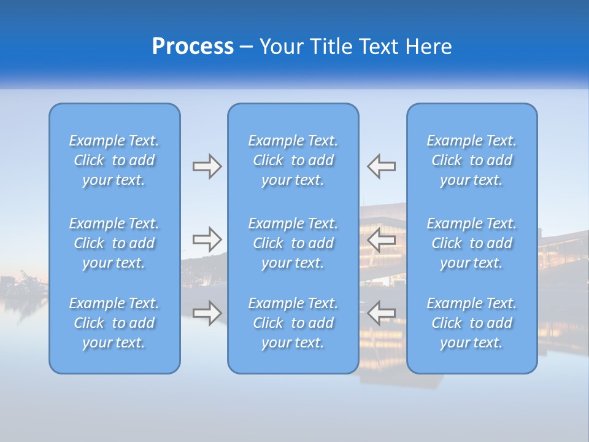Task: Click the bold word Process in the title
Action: pyautogui.click(x=193, y=47)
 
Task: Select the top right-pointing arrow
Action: pyautogui.click(x=207, y=166)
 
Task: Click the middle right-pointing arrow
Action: pyautogui.click(x=207, y=239)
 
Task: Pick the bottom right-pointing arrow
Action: pyautogui.click(x=207, y=313)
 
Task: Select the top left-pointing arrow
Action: pyautogui.click(x=381, y=166)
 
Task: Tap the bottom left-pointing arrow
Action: pyautogui.click(x=381, y=313)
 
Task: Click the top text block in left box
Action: pyautogui.click(x=114, y=160)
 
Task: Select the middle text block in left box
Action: pyautogui.click(x=114, y=243)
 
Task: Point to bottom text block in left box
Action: pyautogui.click(x=114, y=323)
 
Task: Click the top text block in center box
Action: pyautogui.click(x=293, y=160)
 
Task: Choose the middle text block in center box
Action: pyautogui.click(x=293, y=243)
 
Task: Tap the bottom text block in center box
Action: pyautogui.click(x=293, y=323)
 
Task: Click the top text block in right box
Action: pyautogui.click(x=472, y=160)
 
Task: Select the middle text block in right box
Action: pyautogui.click(x=472, y=243)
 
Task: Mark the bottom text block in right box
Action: pyautogui.click(x=472, y=323)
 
